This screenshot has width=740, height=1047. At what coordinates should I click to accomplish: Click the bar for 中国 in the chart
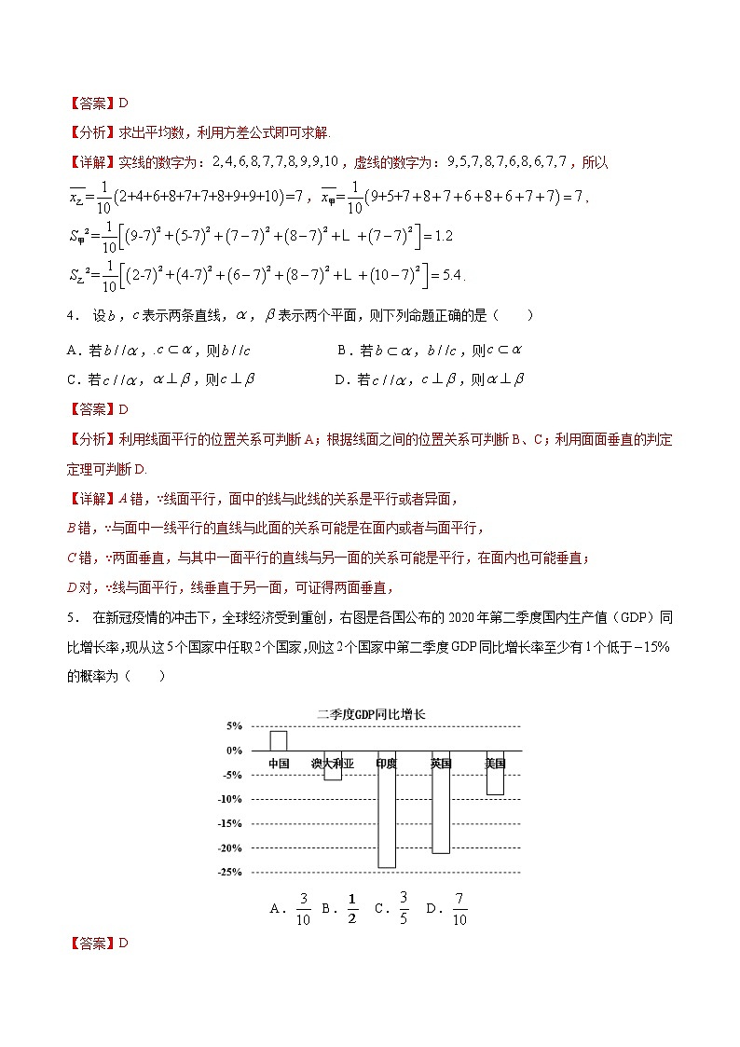click(278, 740)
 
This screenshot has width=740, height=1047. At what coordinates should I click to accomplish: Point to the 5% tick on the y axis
click(233, 725)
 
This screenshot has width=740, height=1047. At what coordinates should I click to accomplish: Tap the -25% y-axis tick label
click(229, 873)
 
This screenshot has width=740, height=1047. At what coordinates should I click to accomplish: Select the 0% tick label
click(233, 750)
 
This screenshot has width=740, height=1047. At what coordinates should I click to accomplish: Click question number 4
click(71, 316)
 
